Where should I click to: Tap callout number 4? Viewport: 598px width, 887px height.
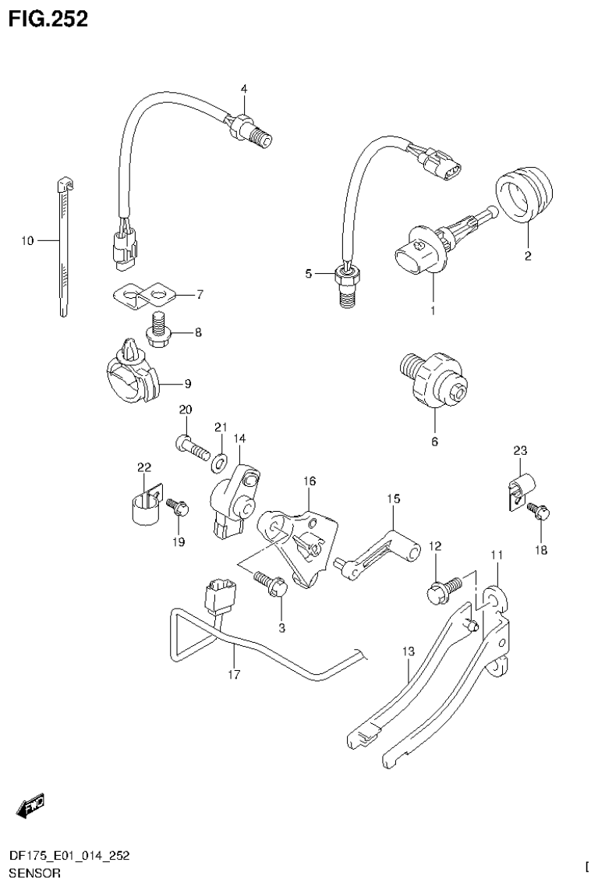[x=243, y=90]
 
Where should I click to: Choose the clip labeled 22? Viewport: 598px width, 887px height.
[x=141, y=505]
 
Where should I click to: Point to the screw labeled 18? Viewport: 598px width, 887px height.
[x=539, y=512]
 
